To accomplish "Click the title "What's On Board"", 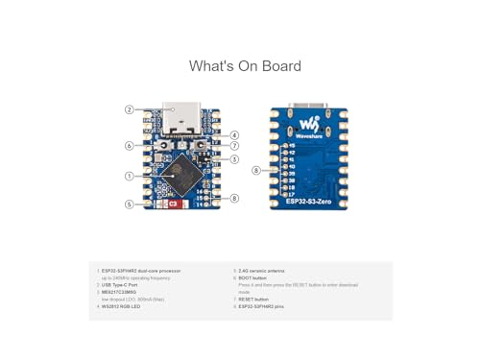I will coord(245,66).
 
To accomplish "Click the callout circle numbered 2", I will coord(129,109).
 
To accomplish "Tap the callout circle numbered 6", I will coord(129,146).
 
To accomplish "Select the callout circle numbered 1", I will coord(129,176).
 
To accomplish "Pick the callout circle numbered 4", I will coord(234,135).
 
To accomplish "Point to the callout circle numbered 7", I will coord(234,146).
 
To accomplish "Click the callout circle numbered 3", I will coord(234,159).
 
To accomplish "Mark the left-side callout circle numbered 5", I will coord(129,204).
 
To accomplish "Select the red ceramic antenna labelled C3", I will coord(172,204).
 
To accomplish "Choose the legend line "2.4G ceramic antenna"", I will coord(265,271).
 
